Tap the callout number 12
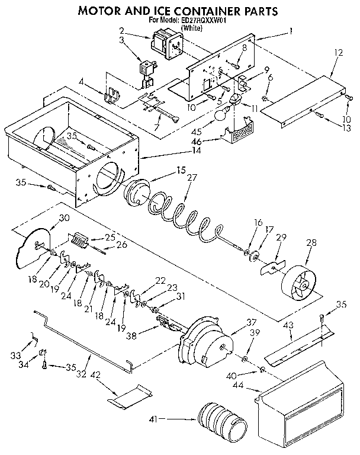pos(339,53)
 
